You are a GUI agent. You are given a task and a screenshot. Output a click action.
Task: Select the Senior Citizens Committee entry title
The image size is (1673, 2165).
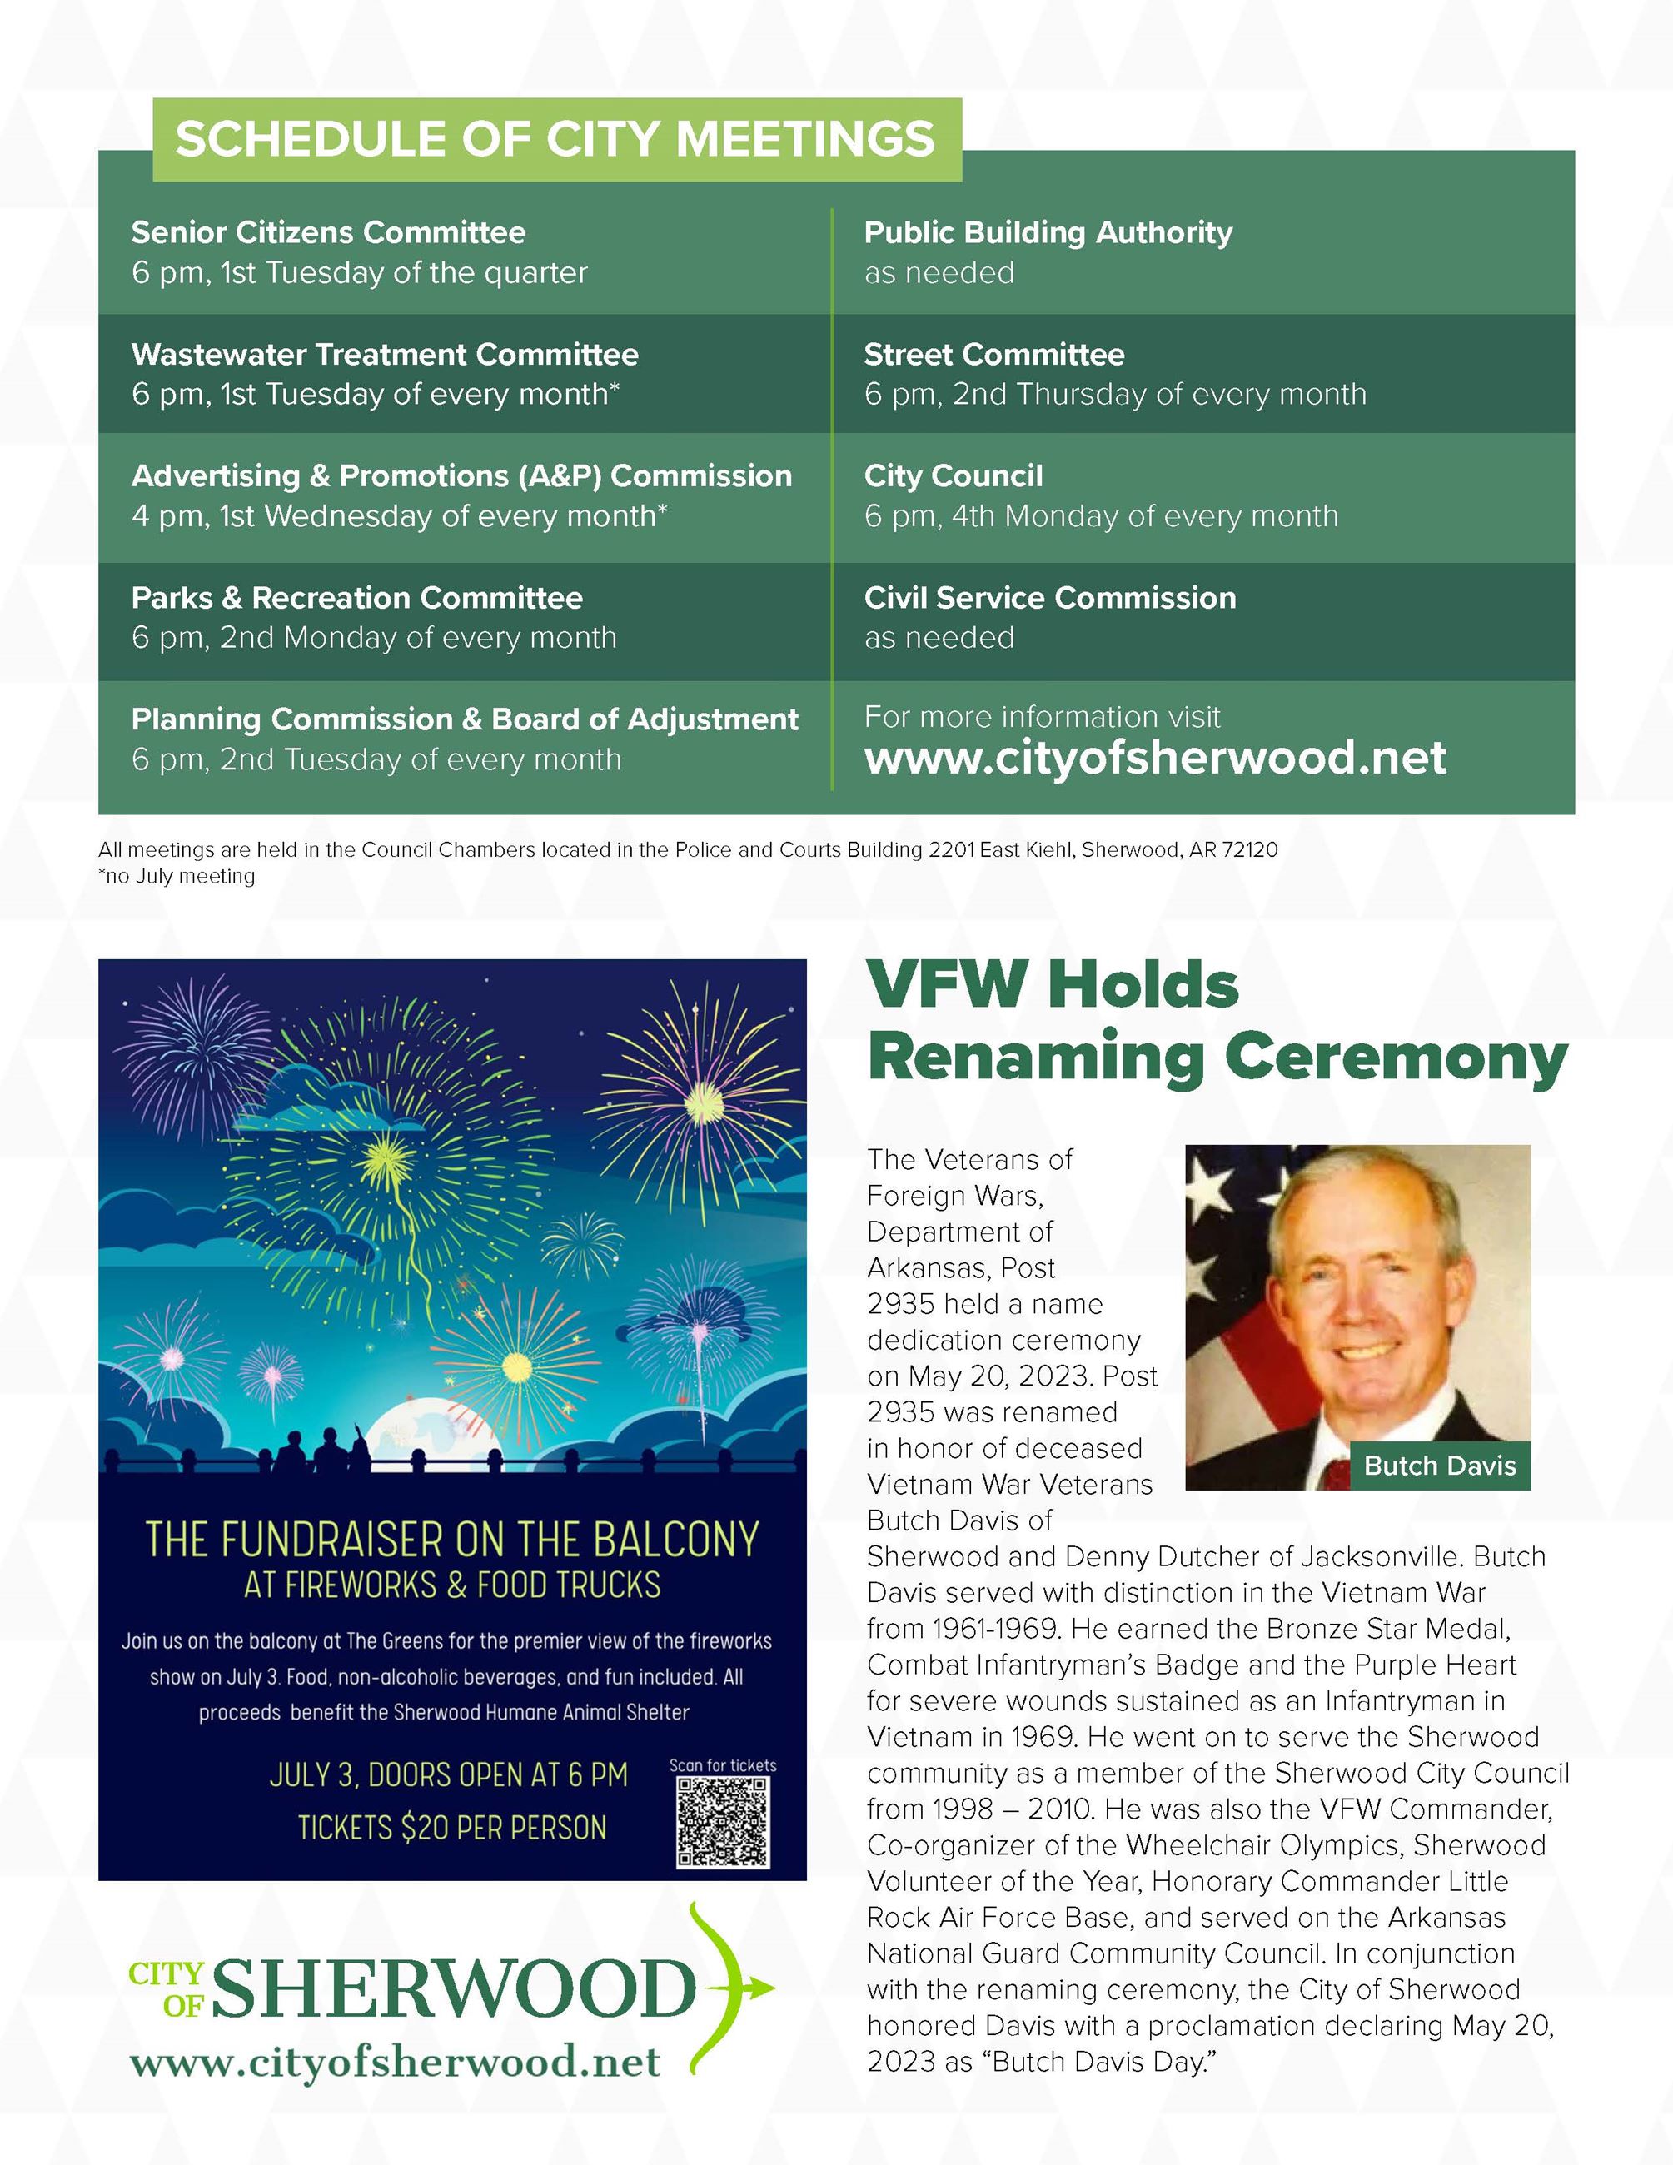(328, 233)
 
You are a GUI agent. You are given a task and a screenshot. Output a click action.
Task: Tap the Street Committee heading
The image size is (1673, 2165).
(993, 355)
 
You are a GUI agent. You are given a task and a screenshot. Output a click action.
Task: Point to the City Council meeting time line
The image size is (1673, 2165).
(1100, 516)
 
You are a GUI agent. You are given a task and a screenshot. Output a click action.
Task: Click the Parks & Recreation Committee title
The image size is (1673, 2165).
(356, 598)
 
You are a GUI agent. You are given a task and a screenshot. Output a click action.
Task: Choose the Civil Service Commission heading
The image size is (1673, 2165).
(1049, 598)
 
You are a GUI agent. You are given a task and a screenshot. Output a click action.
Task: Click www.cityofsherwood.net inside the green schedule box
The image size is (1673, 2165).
(1155, 759)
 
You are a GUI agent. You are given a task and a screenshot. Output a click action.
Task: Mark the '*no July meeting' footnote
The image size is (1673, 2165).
(177, 876)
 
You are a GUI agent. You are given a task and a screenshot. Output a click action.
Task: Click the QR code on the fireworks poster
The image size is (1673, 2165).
(723, 1823)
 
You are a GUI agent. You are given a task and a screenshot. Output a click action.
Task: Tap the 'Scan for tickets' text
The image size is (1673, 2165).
(723, 1765)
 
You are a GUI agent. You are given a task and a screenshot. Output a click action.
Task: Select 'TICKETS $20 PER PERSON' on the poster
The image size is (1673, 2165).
(452, 1827)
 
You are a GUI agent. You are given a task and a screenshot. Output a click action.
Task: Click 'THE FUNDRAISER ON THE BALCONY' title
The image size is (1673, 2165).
(452, 1540)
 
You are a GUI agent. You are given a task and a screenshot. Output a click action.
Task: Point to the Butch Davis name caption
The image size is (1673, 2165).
(1439, 1466)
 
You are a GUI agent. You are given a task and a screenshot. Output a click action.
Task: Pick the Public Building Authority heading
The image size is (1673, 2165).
(1048, 233)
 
